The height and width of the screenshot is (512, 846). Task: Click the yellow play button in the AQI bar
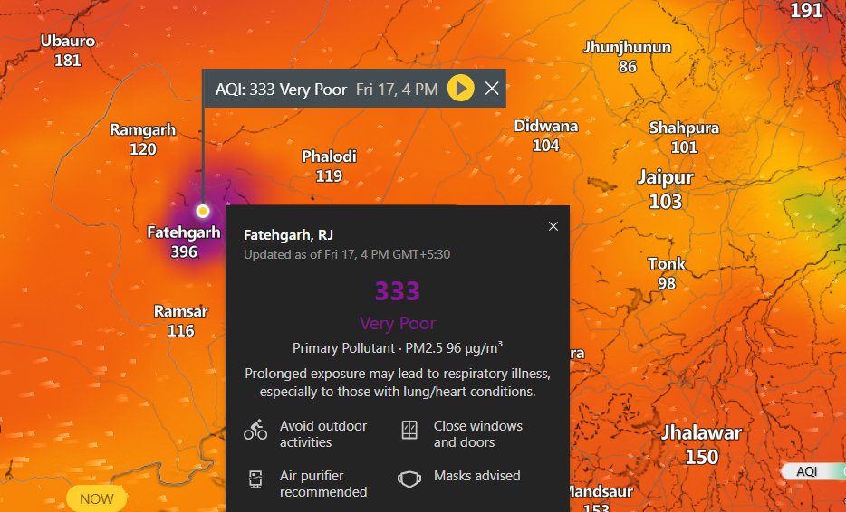pos(460,89)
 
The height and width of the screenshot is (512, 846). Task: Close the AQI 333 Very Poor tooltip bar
pos(492,89)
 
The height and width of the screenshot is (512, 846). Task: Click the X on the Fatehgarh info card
pos(553,226)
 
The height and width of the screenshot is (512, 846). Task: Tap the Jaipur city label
pos(665,177)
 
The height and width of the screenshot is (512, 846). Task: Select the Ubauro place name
pos(68,41)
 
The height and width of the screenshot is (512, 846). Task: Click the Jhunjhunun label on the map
pos(627,47)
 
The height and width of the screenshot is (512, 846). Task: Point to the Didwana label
pos(545,126)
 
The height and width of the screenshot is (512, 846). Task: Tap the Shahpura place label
pos(684,128)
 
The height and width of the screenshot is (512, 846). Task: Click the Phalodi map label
pos(329,156)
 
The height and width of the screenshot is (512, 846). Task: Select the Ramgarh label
pos(142,129)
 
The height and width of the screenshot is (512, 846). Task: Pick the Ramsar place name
pos(180,311)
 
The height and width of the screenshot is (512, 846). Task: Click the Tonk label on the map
pos(667,264)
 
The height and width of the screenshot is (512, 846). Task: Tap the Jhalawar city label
pos(701,432)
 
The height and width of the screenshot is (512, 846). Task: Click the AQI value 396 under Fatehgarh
pos(184,251)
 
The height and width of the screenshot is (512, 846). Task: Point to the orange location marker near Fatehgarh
pos(203,211)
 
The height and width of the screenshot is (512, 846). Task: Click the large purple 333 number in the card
pos(398,290)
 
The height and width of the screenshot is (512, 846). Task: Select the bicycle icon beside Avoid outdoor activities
pos(255,431)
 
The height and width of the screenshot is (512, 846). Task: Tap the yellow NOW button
pos(96,498)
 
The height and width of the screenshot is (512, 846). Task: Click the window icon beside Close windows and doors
pos(409,431)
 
